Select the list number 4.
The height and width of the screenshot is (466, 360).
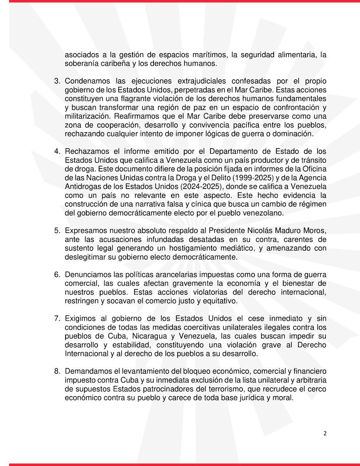57,151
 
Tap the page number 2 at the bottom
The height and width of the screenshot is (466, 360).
325,433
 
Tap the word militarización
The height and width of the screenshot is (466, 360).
87,116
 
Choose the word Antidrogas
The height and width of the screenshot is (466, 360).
83,187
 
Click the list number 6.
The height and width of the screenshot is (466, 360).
57,275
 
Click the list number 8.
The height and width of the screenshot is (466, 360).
57,371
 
